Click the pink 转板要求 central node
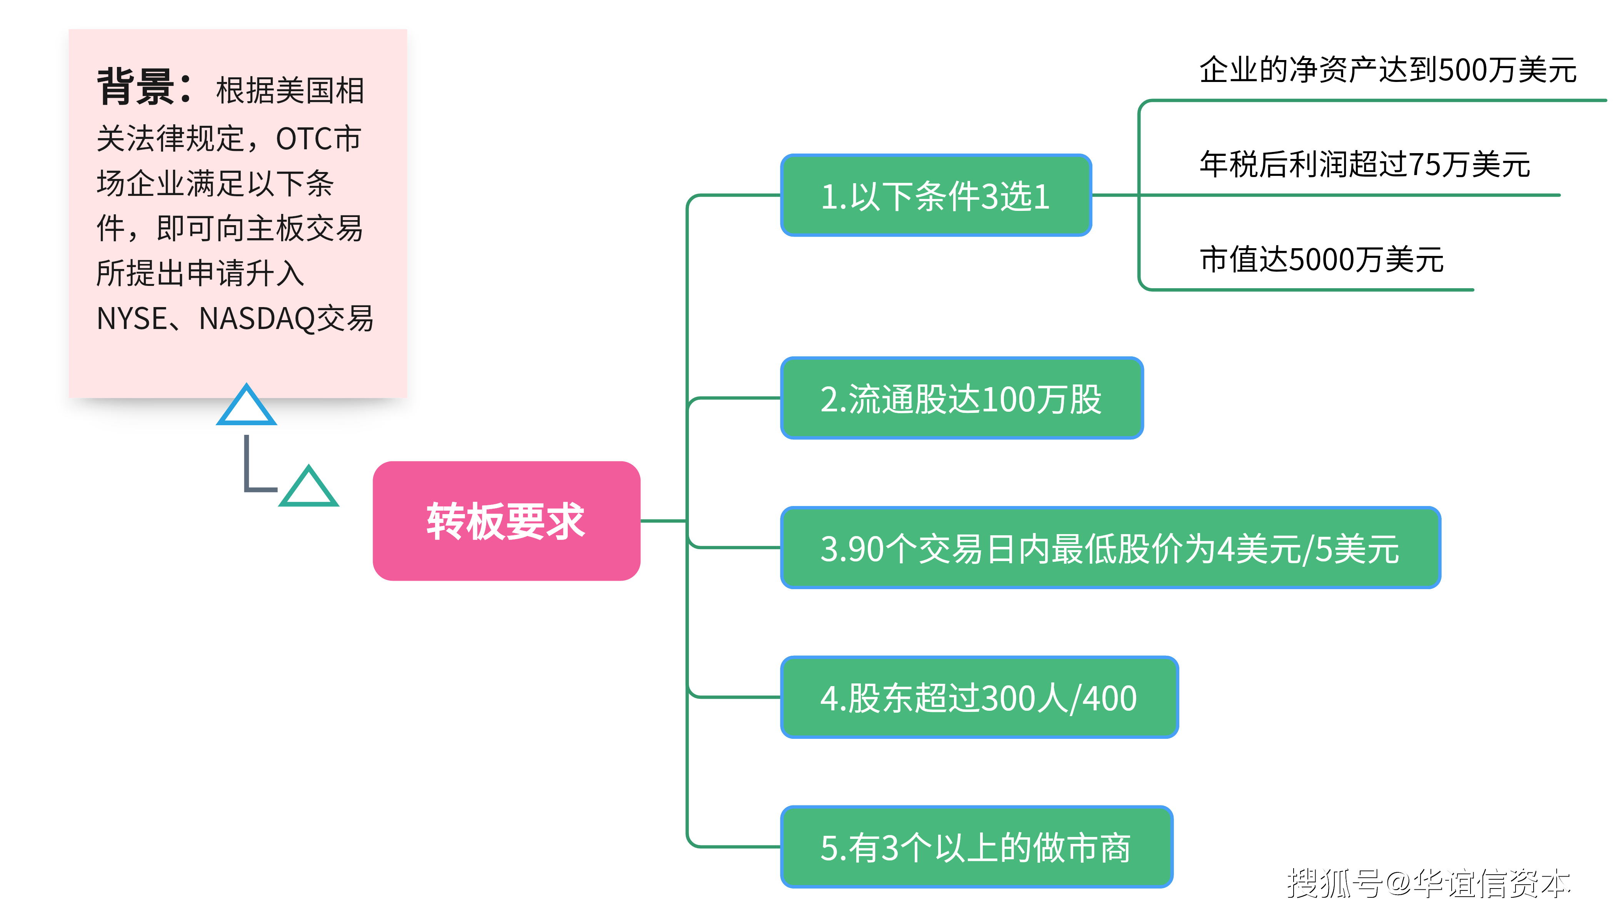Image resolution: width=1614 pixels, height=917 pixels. tap(506, 521)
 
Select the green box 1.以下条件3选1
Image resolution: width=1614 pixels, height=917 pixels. tap(935, 195)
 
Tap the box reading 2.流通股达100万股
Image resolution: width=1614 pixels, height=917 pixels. tap(961, 398)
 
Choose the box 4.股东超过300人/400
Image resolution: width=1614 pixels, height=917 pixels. tap(979, 697)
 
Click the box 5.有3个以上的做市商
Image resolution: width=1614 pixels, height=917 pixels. tap(976, 847)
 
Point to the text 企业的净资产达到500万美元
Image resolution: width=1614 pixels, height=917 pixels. tap(1387, 69)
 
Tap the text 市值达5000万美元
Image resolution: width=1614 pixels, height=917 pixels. tap(1321, 259)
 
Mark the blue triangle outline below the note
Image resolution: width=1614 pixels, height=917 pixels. tap(246, 406)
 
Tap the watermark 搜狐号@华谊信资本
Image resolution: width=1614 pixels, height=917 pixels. tap(1428, 883)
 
